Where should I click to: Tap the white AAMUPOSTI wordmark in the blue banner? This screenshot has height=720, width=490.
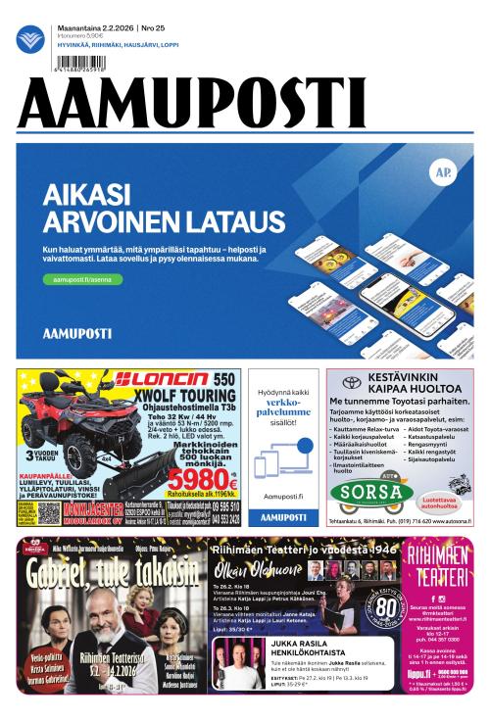77,333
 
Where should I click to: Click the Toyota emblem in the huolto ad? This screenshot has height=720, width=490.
351,382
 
